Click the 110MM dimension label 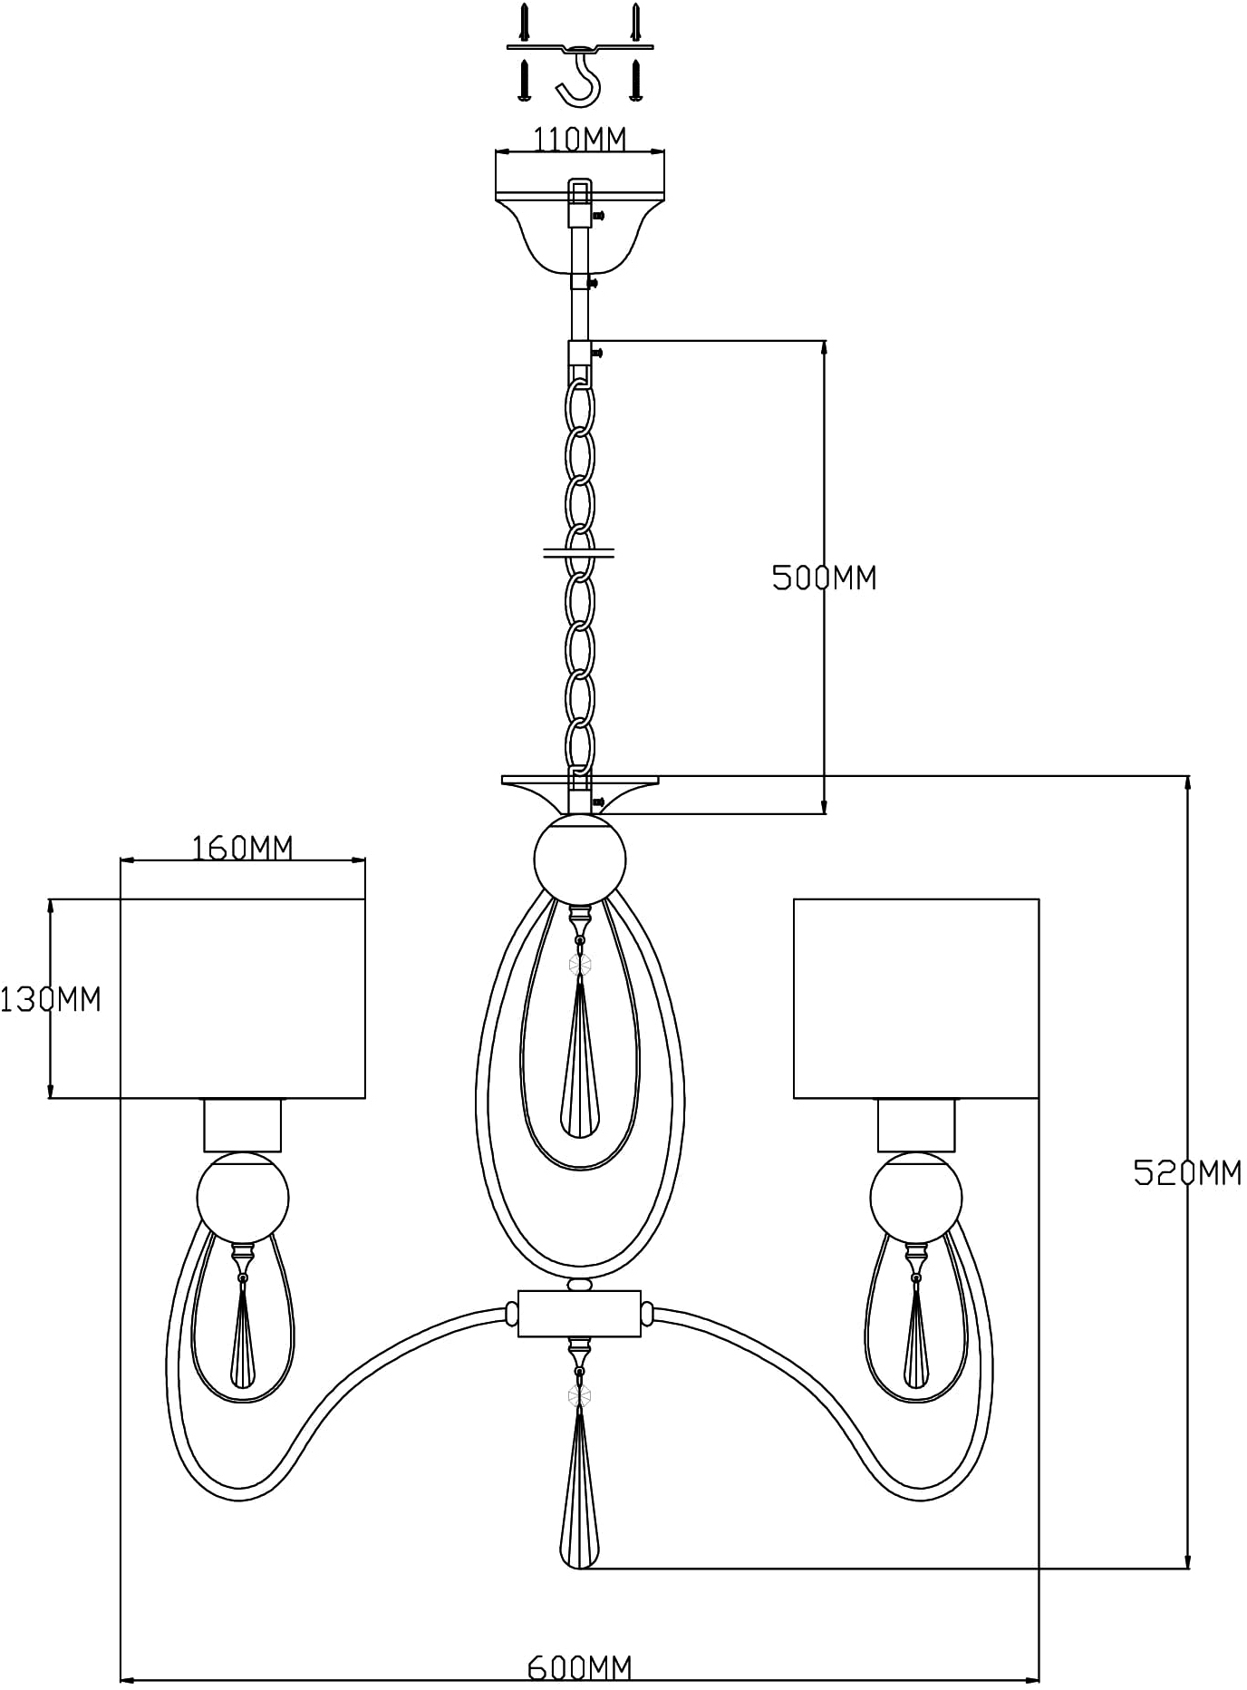(x=579, y=140)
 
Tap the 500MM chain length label (x=825, y=578)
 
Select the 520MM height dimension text (x=1187, y=1173)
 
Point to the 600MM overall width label (x=580, y=1666)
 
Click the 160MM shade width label (x=243, y=848)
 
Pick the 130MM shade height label (x=51, y=999)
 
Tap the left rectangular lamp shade (x=243, y=998)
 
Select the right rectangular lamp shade (x=916, y=998)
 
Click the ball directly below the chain (x=580, y=860)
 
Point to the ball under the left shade (x=243, y=1198)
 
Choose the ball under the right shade (x=916, y=1198)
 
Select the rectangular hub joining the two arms (x=580, y=1314)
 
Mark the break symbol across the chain (x=579, y=552)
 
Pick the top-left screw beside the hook (x=524, y=19)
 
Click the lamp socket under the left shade (x=243, y=1125)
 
